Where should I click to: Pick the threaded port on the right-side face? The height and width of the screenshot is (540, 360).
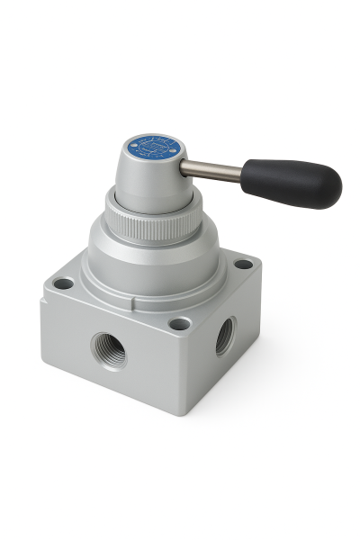coord(226,336)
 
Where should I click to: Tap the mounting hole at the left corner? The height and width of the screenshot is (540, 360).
coord(63,283)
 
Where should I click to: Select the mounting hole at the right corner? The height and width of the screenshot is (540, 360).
coord(244,265)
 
